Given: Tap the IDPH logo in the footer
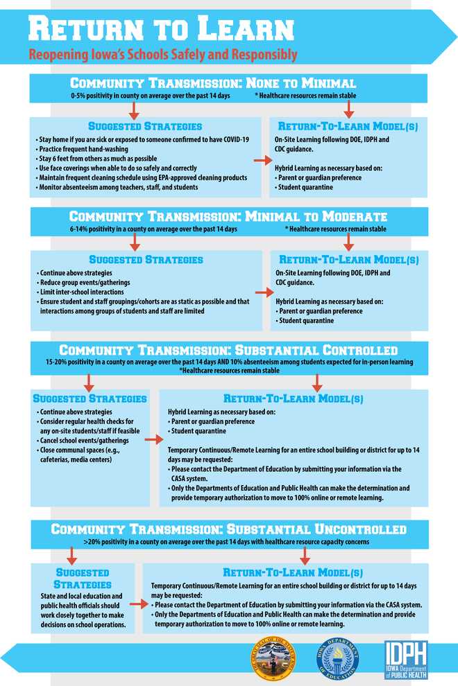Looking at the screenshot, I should coord(406,661).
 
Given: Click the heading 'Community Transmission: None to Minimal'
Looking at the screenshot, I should coord(213,82).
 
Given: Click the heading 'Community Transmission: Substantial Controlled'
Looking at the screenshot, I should coord(228,349).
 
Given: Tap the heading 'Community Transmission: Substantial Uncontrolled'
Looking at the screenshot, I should coord(228,529).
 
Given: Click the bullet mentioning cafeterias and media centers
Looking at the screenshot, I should coord(87,455).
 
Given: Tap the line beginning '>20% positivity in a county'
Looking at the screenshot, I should coord(228,541).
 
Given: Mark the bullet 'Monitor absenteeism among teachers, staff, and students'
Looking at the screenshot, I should coord(119,187).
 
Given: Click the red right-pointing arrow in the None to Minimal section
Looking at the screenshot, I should coord(263,160).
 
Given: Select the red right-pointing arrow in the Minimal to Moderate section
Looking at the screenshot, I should coord(263,293).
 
